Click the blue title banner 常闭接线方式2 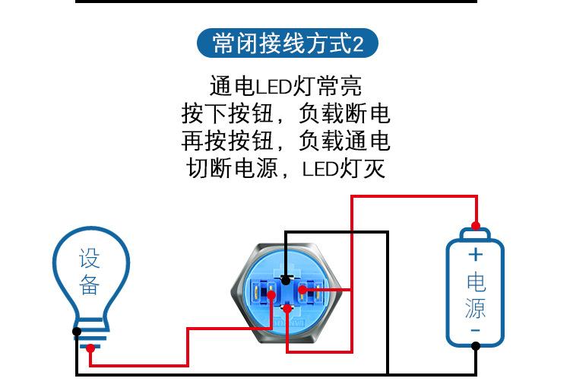284,43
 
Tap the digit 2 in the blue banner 359,44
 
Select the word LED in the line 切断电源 319,168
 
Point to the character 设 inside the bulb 90,259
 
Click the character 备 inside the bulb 90,285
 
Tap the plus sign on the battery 475,254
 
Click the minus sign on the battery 475,330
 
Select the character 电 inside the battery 475,282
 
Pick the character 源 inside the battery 475,307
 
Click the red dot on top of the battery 475,226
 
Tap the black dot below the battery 475,346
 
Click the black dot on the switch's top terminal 285,280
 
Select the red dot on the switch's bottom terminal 287,307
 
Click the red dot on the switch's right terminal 302,291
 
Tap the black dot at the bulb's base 77,331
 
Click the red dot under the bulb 90,348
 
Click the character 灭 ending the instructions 374,168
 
